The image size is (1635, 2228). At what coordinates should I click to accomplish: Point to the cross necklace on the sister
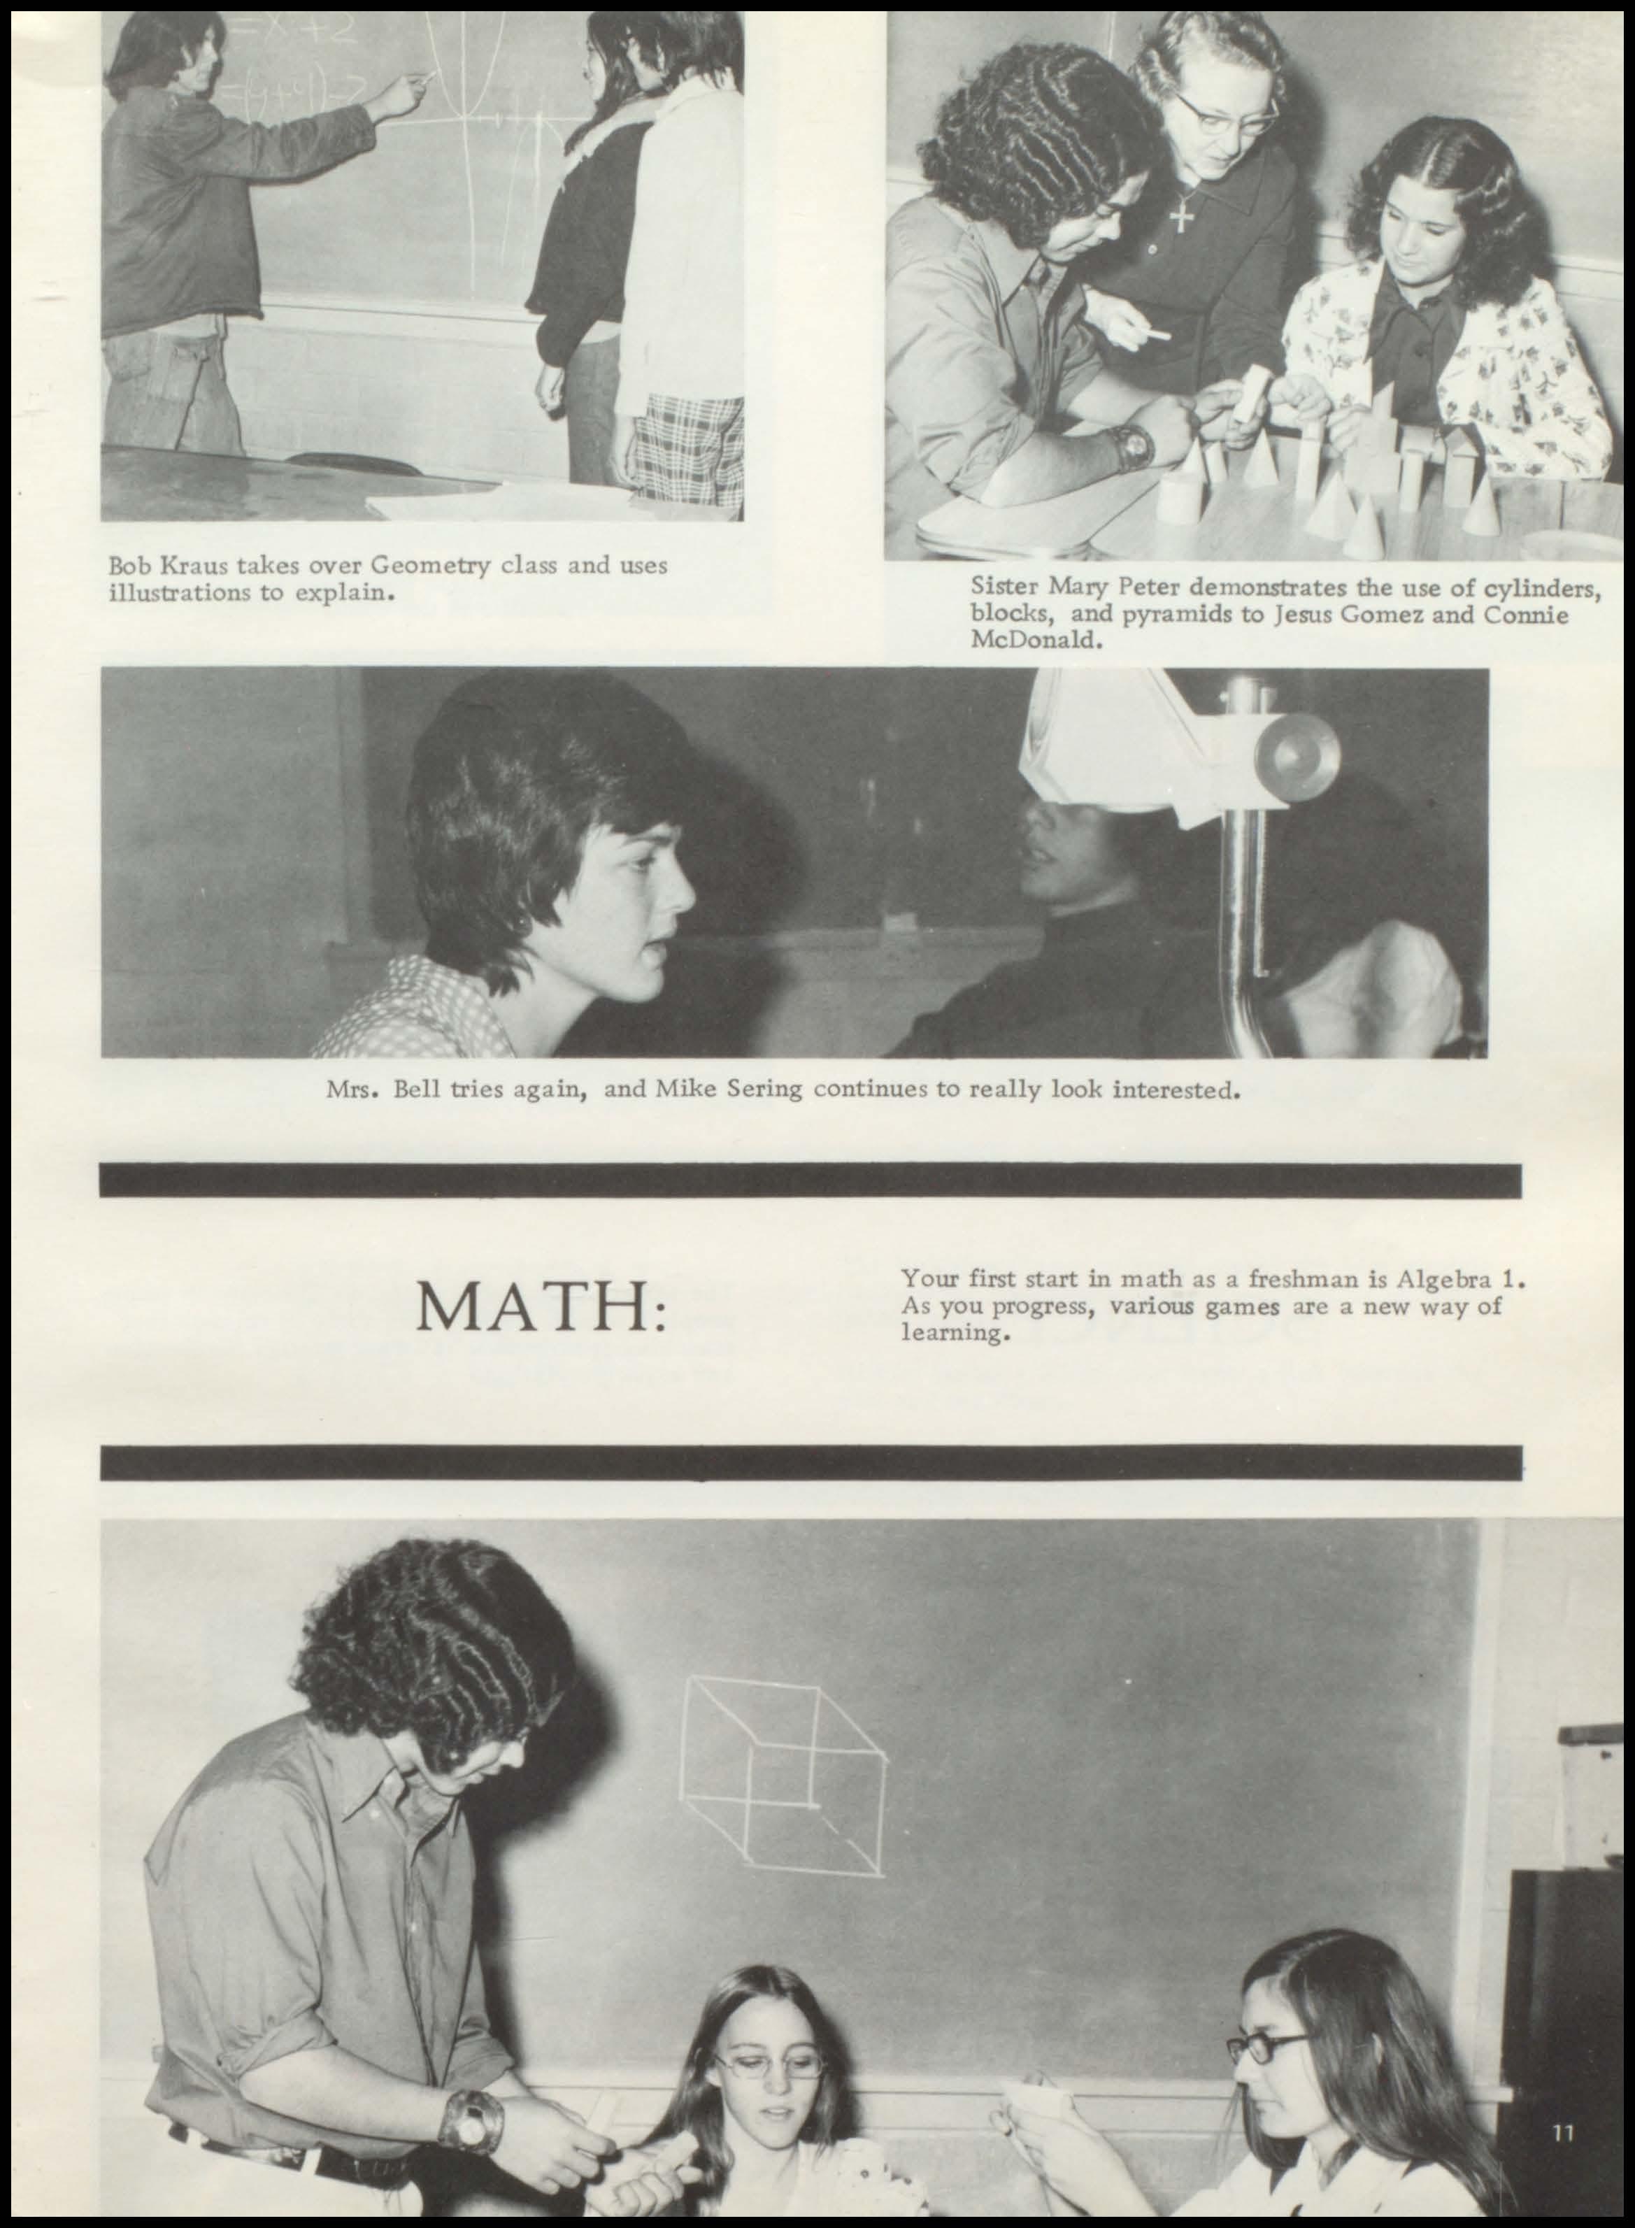1180,213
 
